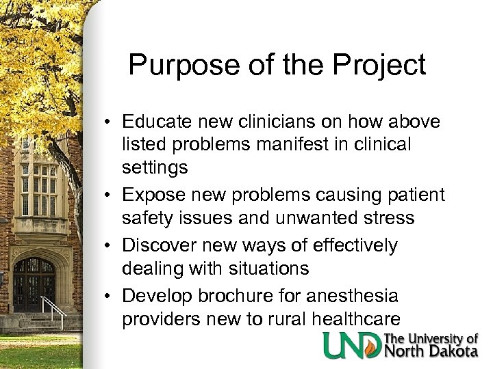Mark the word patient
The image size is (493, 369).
413,195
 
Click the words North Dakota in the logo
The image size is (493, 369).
431,352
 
